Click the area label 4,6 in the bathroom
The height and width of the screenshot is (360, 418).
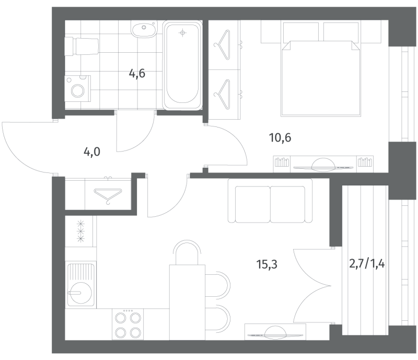(137, 73)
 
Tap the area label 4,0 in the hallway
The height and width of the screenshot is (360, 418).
(91, 153)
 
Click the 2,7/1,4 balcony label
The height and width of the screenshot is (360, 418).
(367, 264)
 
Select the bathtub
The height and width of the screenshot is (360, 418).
(182, 65)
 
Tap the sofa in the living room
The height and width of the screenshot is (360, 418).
(270, 201)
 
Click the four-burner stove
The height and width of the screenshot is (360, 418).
(126, 324)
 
